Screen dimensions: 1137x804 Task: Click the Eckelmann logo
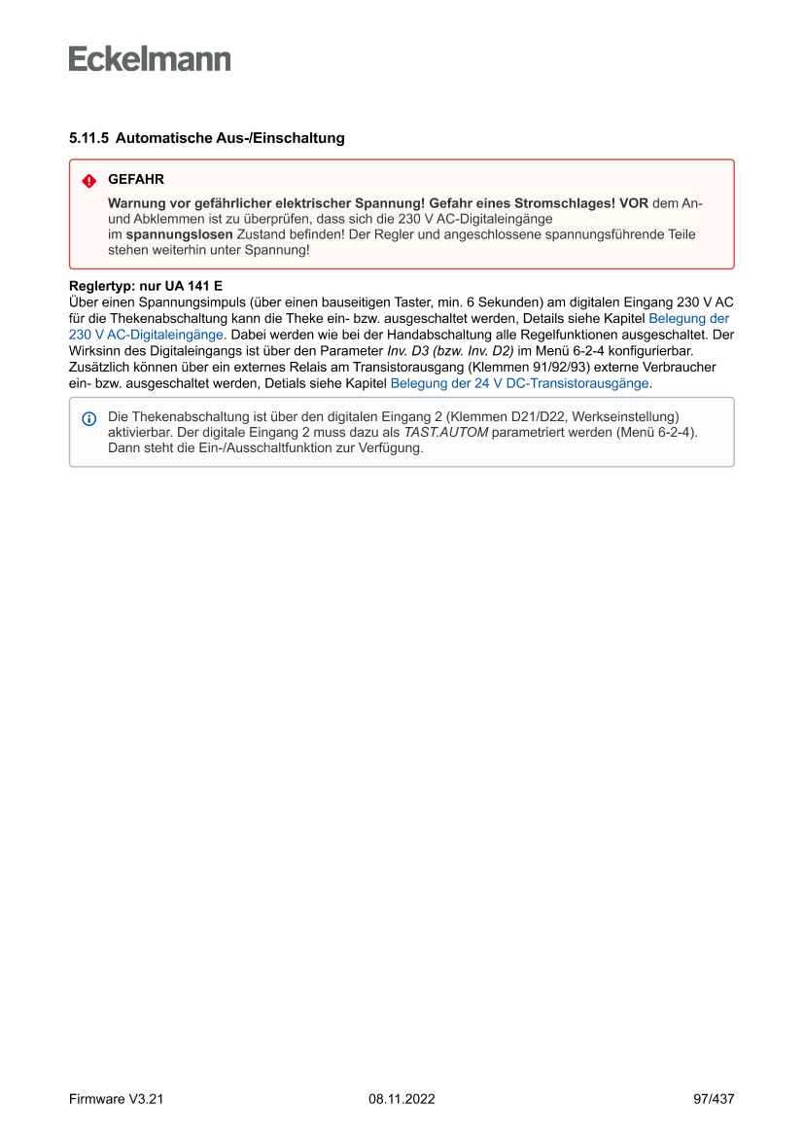(x=150, y=59)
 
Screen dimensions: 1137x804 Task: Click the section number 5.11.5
(x=88, y=138)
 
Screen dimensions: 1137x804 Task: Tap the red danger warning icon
(x=88, y=181)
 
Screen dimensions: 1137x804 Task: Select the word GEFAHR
(x=136, y=180)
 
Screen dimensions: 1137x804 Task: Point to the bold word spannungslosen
(x=179, y=234)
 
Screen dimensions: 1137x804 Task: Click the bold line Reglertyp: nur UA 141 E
(x=146, y=287)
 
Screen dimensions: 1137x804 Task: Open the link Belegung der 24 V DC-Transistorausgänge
(x=519, y=383)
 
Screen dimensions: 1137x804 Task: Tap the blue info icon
(x=88, y=418)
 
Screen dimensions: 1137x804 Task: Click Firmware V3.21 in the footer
(x=116, y=1099)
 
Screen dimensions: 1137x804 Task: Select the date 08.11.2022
(x=402, y=1099)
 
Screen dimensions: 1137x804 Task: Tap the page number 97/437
(x=714, y=1099)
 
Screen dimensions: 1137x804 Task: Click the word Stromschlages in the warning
(x=570, y=203)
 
